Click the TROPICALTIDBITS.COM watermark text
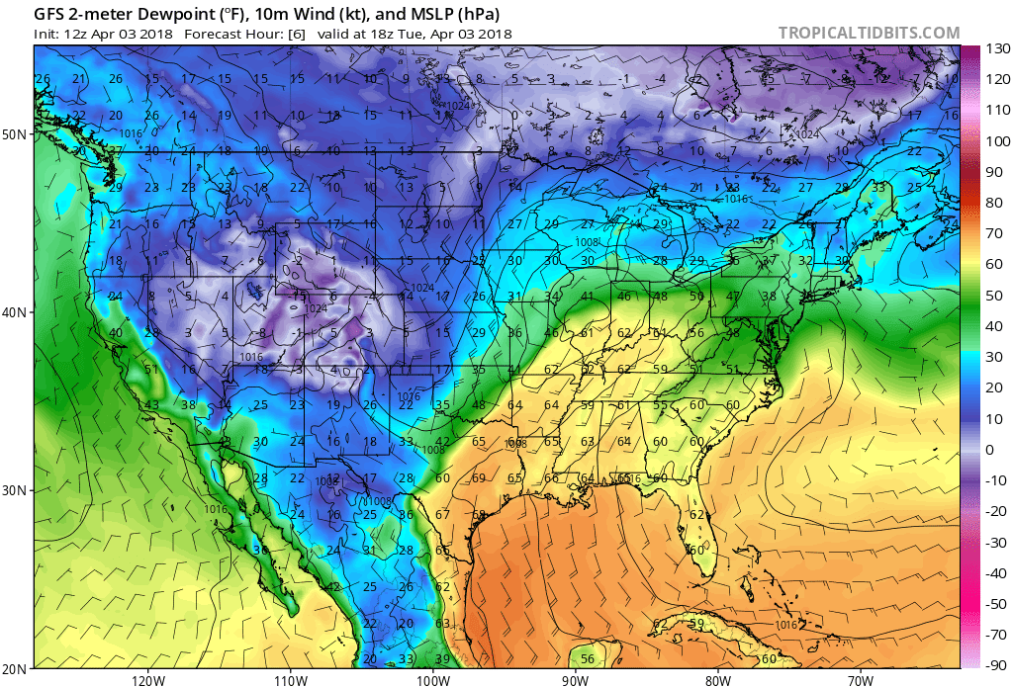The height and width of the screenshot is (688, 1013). pyautogui.click(x=869, y=33)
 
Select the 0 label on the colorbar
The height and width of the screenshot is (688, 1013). pyautogui.click(x=990, y=449)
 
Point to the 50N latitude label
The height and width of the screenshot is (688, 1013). pyautogui.click(x=17, y=133)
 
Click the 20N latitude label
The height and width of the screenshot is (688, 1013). pyautogui.click(x=17, y=667)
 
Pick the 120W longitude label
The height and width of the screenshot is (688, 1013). pyautogui.click(x=147, y=679)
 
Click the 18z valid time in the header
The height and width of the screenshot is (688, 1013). pyautogui.click(x=393, y=33)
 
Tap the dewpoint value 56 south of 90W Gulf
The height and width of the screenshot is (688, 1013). pyautogui.click(x=587, y=659)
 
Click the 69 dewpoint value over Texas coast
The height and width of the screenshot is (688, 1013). pyautogui.click(x=479, y=478)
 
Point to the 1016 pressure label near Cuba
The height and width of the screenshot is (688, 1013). pyautogui.click(x=786, y=626)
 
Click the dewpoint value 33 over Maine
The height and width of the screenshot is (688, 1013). pyautogui.click(x=878, y=188)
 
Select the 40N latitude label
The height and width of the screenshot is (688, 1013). pyautogui.click(x=17, y=311)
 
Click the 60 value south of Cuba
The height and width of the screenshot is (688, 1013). pyautogui.click(x=769, y=659)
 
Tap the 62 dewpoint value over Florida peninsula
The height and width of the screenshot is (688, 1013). pyautogui.click(x=696, y=514)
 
